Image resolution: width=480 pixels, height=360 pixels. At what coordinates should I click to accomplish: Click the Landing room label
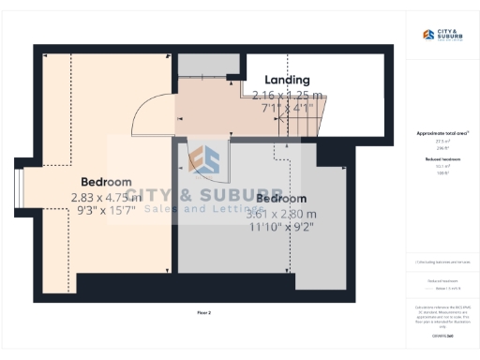tap(287, 81)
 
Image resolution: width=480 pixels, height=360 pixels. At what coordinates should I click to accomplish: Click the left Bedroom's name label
tap(106, 181)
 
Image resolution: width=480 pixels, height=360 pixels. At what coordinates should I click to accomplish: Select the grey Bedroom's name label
tap(281, 199)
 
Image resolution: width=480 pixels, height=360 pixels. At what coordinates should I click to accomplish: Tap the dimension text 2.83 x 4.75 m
tap(106, 197)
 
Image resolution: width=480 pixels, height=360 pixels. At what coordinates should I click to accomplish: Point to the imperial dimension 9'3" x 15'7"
tap(106, 212)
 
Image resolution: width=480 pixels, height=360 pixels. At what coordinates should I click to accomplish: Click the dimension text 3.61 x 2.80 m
tap(281, 214)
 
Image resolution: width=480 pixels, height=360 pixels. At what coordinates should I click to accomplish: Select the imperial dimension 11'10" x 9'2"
tap(281, 228)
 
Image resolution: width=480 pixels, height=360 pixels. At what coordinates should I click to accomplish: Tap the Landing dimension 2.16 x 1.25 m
tap(288, 95)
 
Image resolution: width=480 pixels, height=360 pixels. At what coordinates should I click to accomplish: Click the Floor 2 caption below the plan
tap(203, 311)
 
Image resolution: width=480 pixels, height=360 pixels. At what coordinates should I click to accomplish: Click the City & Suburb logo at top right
tap(442, 36)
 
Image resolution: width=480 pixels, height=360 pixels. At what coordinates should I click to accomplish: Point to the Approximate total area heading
tap(442, 133)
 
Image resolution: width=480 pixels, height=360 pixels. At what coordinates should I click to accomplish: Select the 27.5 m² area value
tap(442, 142)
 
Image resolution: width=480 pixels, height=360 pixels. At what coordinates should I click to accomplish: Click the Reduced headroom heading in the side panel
tap(442, 160)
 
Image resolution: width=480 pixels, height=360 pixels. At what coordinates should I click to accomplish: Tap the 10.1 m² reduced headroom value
tap(442, 168)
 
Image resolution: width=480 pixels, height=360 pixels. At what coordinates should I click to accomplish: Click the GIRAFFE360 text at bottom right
tap(442, 335)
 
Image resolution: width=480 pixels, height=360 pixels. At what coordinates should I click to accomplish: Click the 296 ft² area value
tap(442, 148)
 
